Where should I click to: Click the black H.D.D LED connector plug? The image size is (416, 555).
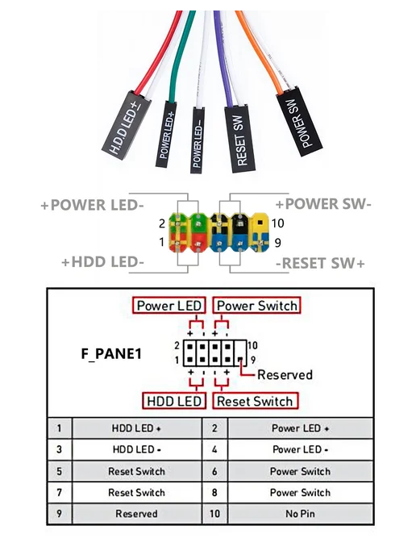(x=127, y=125)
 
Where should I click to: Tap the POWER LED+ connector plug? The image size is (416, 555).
(x=166, y=134)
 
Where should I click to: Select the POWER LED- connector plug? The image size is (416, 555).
(x=198, y=140)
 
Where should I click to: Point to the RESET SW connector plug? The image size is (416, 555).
(x=239, y=139)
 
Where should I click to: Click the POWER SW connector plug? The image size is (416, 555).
(x=299, y=121)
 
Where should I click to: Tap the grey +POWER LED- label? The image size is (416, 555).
(x=93, y=205)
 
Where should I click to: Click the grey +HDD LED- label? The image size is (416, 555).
(x=102, y=262)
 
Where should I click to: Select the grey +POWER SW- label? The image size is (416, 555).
(x=323, y=204)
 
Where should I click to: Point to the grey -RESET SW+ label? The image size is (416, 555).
(x=320, y=263)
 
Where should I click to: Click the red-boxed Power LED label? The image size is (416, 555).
(x=169, y=306)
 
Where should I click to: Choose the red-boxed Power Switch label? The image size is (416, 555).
(x=257, y=306)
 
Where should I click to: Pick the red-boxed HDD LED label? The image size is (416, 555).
(x=174, y=401)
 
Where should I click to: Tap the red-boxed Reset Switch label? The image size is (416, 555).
(x=255, y=401)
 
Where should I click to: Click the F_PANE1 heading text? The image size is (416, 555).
(x=111, y=353)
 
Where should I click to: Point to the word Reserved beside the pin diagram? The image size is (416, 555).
(x=285, y=374)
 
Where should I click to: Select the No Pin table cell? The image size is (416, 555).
(x=301, y=514)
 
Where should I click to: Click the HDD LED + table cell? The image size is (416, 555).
(x=136, y=428)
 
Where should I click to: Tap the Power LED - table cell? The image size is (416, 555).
(x=301, y=449)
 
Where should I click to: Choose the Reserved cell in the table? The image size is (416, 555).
(x=136, y=514)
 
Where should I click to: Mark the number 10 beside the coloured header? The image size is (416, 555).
(x=277, y=223)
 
